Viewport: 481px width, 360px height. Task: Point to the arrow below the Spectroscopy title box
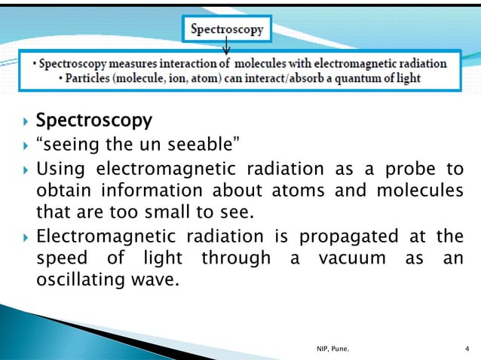tap(227, 50)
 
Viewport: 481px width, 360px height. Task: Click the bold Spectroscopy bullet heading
tap(94, 121)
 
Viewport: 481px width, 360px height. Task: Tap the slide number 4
tap(467, 348)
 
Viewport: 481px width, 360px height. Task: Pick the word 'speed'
tap(60, 260)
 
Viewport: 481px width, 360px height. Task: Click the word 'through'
tap(235, 260)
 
